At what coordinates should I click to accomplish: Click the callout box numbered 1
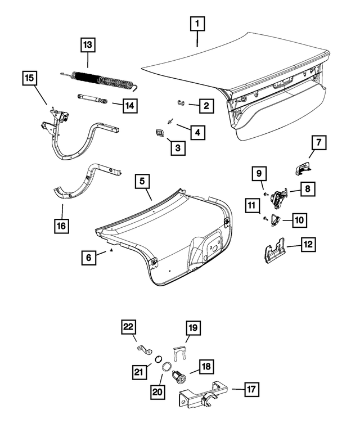(197, 25)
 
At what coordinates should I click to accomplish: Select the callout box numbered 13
(88, 44)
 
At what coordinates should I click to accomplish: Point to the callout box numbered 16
(61, 226)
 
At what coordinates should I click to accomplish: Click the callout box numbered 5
(142, 181)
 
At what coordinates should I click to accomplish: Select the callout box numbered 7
(318, 143)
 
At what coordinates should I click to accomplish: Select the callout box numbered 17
(251, 389)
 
